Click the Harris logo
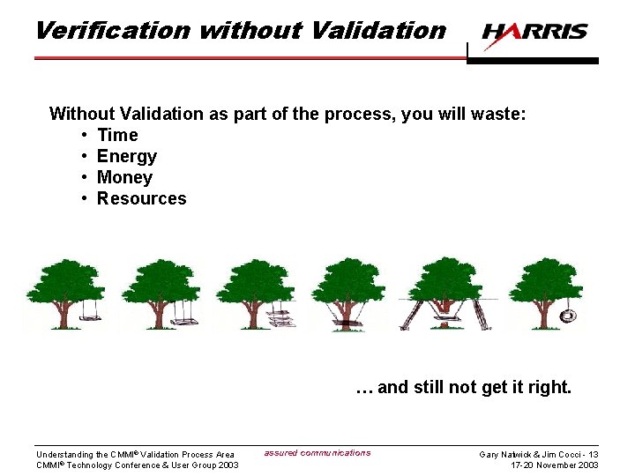click(x=534, y=32)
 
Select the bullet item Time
click(x=117, y=135)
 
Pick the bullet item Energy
click(x=127, y=156)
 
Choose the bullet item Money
click(x=124, y=177)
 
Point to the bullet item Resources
click(x=141, y=198)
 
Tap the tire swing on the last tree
click(x=568, y=315)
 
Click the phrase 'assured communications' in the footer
click(x=317, y=453)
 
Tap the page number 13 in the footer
click(x=593, y=455)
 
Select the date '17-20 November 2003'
click(x=555, y=465)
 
